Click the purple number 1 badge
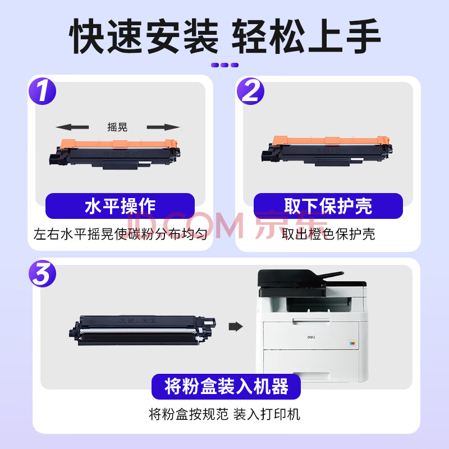[43, 91]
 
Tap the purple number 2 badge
[250, 91]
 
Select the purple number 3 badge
[43, 273]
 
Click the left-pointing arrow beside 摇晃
[72, 127]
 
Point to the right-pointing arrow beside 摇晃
[163, 127]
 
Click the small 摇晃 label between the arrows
[117, 127]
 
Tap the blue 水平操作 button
[120, 206]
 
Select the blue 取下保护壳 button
[328, 206]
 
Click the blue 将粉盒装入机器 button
[226, 387]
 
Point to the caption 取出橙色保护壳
[328, 234]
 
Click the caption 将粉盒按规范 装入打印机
[224, 414]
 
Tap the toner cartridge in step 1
[115, 154]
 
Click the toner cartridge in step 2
[327, 150]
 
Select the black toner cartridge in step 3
[143, 330]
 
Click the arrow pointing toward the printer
[236, 326]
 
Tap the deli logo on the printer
[311, 337]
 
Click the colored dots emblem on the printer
[352, 343]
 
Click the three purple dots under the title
[224, 65]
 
